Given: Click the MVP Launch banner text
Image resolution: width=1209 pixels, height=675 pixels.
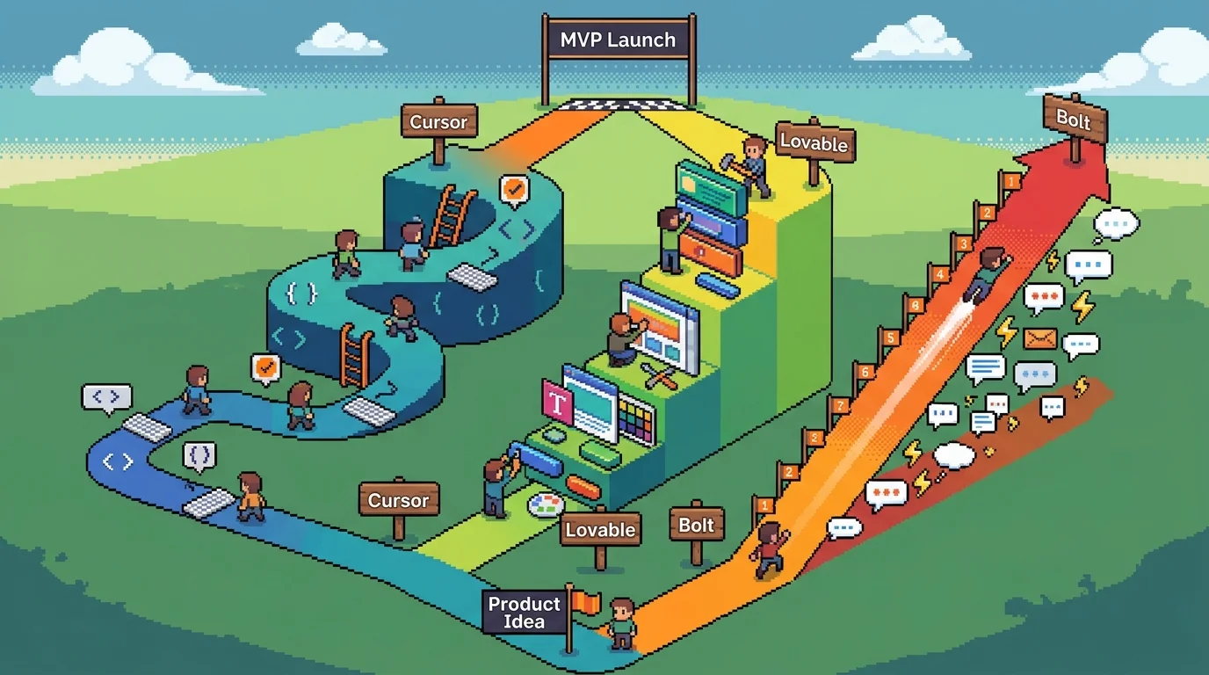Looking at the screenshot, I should point(619,40).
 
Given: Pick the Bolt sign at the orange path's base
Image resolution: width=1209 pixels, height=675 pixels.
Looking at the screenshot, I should point(697,526).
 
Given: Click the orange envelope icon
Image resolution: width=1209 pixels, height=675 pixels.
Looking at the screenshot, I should point(1040,338).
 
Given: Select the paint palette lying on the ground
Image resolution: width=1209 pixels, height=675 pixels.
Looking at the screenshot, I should point(545,504).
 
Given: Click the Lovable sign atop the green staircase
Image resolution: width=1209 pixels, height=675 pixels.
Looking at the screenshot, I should point(814,142).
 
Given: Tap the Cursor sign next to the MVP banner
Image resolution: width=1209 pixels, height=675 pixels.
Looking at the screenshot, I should point(438,122).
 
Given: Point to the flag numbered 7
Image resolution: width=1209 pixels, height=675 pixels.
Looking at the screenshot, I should point(840,406).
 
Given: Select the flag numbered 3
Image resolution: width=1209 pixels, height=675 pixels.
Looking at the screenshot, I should point(964,243).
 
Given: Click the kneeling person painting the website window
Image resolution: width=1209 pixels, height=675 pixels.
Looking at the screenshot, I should point(623,338).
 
